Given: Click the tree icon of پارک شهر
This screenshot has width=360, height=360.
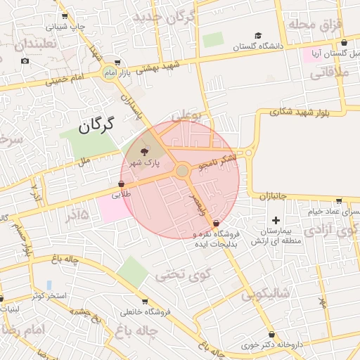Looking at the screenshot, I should (x=145, y=151).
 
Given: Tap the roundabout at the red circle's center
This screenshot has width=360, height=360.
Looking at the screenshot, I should (x=182, y=171).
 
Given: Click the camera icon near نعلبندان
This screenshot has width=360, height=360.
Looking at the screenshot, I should (x=25, y=60).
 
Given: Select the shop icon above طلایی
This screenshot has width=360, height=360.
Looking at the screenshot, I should (x=121, y=184).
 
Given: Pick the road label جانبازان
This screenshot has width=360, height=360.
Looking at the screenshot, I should (x=269, y=198).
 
